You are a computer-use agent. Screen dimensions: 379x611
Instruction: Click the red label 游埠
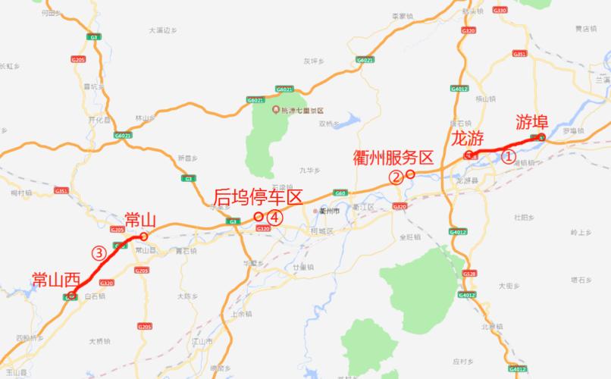[532, 121]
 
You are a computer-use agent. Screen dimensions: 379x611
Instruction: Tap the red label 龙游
[467, 138]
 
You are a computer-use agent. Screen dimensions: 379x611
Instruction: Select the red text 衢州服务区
[393, 158]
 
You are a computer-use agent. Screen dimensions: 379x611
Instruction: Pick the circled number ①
[507, 157]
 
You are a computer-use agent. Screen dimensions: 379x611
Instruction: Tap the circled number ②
[395, 177]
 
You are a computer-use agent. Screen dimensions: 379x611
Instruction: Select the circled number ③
[98, 253]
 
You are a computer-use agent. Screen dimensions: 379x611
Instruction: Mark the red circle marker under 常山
[143, 236]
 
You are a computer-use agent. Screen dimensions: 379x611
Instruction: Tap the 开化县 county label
[99, 120]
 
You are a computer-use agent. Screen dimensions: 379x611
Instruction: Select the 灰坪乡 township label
[313, 61]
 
